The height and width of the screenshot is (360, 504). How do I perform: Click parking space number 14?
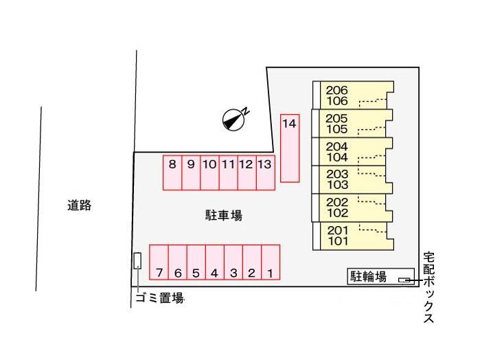click(x=290, y=148)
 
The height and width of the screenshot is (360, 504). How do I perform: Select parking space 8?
click(x=172, y=172)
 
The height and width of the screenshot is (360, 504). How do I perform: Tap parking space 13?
click(x=266, y=172)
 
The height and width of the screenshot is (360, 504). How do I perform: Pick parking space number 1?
click(x=271, y=262)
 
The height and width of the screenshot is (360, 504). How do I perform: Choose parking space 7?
click(x=159, y=262)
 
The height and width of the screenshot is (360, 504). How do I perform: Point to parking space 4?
click(x=215, y=262)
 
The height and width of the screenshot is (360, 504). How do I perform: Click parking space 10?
click(x=210, y=172)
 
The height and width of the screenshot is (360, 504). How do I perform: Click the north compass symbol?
click(x=235, y=119)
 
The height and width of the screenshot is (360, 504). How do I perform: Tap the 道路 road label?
click(x=80, y=205)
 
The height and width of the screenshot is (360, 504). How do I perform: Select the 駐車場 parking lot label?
click(x=224, y=215)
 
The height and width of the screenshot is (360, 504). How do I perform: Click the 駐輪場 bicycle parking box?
click(x=380, y=276)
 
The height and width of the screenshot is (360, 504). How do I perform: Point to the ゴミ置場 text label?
click(x=160, y=298)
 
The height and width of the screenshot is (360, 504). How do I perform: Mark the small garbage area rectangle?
click(x=137, y=260)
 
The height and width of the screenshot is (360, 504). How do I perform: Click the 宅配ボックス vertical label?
click(x=428, y=287)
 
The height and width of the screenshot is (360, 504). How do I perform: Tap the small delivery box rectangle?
click(x=404, y=280)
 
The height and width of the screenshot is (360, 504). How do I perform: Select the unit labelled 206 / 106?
click(x=353, y=95)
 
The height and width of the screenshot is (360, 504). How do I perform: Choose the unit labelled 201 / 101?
click(x=353, y=236)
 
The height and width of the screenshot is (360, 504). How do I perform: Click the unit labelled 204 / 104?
click(x=352, y=152)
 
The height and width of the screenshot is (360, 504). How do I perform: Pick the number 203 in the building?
click(x=337, y=174)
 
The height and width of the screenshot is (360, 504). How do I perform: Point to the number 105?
click(x=337, y=129)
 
